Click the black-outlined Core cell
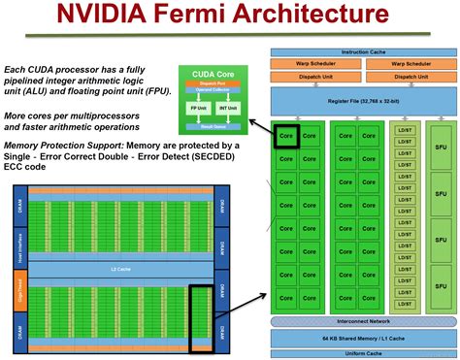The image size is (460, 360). tap(286, 138)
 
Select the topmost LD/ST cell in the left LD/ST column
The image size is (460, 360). tap(403, 129)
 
